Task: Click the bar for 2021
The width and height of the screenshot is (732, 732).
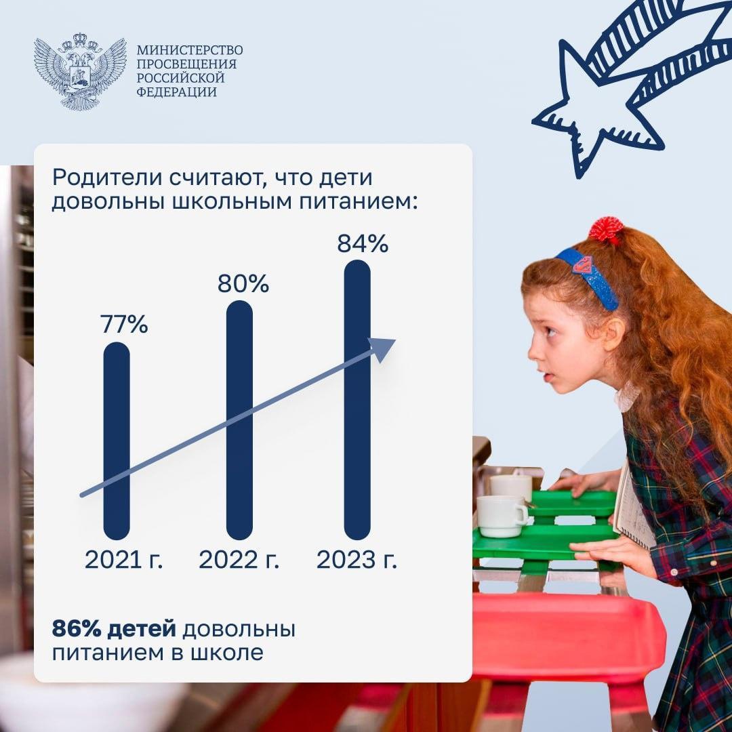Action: click(117, 441)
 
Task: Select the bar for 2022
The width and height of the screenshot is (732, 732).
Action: click(239, 420)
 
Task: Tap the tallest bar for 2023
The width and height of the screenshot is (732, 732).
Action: click(357, 400)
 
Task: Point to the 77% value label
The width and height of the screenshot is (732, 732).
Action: click(124, 324)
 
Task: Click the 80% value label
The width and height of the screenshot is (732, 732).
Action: click(243, 283)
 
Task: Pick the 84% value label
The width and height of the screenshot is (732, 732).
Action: click(363, 243)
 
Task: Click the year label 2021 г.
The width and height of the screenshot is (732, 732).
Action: click(124, 559)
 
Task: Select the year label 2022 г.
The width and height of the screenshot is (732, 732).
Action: click(239, 559)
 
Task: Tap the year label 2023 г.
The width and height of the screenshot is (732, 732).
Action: click(357, 559)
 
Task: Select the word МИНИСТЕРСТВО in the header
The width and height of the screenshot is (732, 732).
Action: click(190, 50)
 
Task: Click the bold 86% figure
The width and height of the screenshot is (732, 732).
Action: click(77, 629)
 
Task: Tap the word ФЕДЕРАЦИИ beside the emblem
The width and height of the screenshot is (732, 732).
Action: click(176, 91)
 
